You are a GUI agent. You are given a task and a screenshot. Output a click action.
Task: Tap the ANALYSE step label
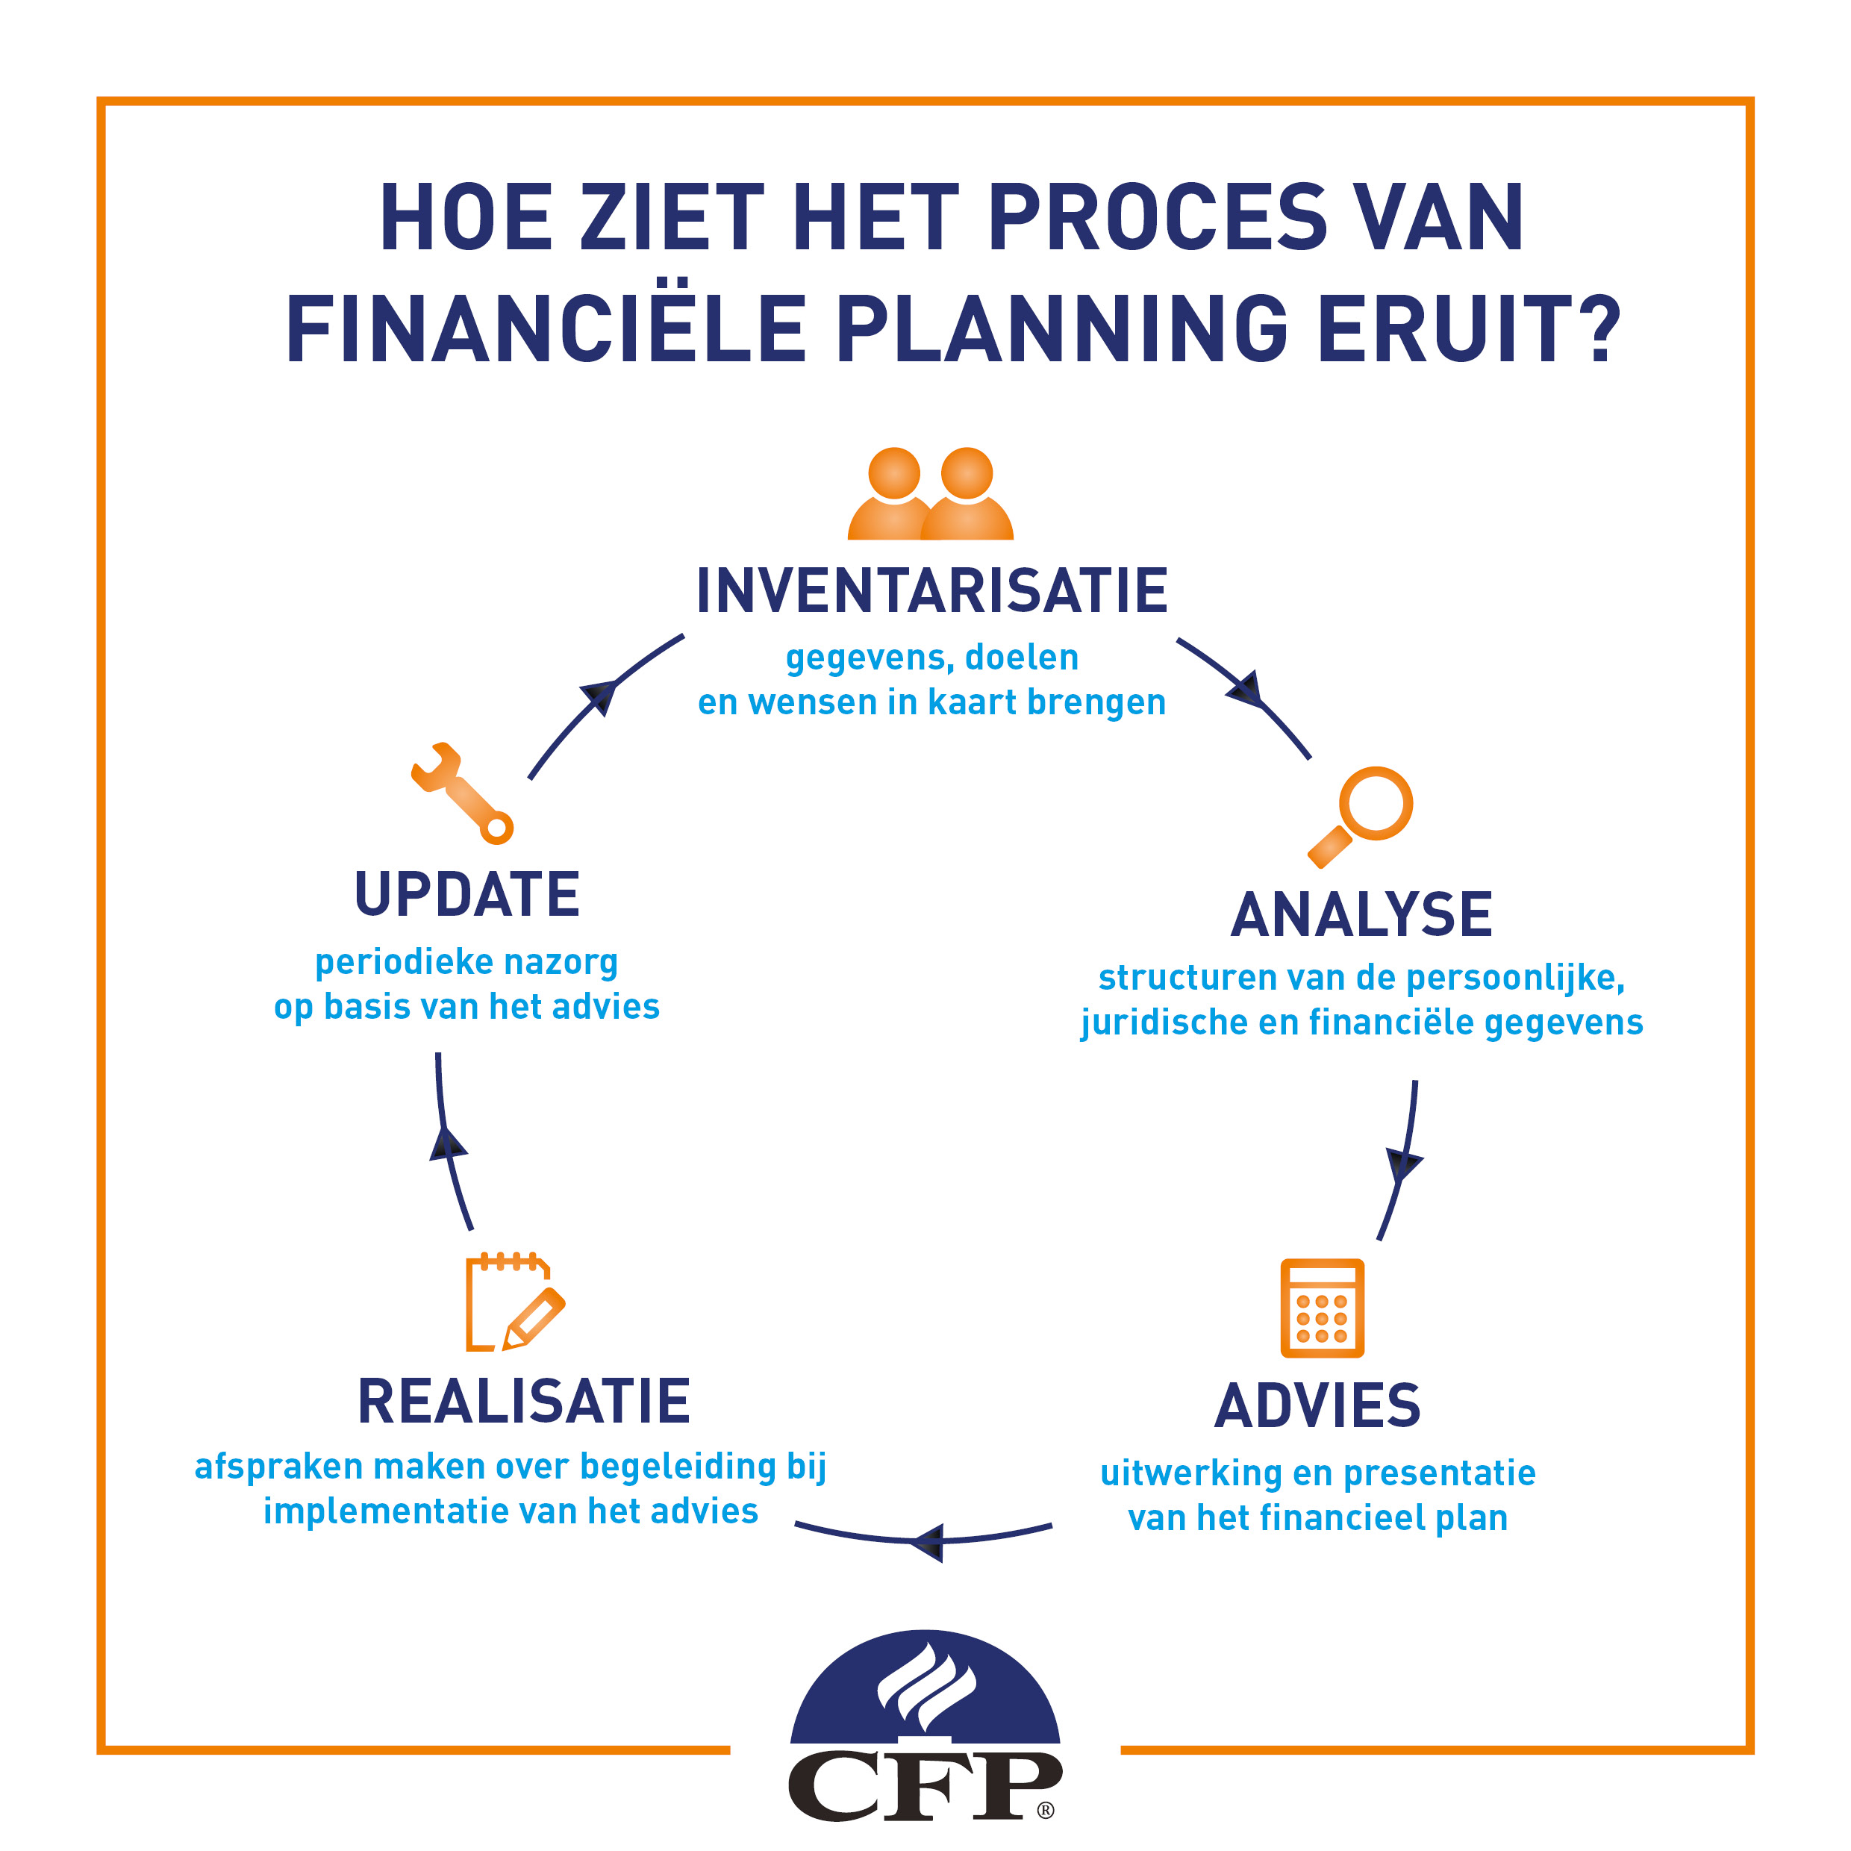click(1361, 915)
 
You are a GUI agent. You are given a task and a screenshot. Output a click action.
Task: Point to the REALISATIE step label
click(523, 1402)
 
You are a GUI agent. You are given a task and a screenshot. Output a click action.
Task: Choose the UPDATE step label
click(466, 894)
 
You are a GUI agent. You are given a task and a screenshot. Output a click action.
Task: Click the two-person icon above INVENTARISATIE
click(930, 493)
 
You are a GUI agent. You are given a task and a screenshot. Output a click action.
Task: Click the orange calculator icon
click(1322, 1308)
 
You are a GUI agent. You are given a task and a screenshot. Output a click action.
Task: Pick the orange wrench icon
click(462, 793)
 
